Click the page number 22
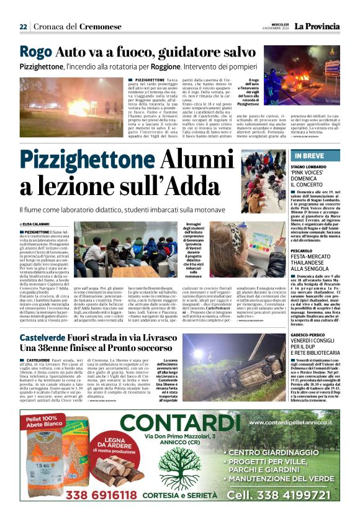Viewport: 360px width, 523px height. click(23, 27)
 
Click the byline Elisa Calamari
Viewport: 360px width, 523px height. click(38, 224)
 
